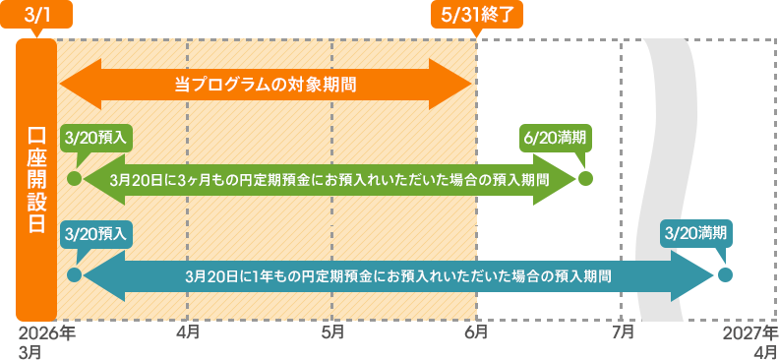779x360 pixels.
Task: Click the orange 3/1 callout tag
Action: (x=35, y=17)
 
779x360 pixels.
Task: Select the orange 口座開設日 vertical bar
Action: (x=36, y=179)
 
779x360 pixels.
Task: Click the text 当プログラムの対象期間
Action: (x=265, y=85)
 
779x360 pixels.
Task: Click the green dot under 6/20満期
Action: (x=586, y=179)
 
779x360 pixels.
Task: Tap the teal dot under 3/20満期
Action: (x=725, y=274)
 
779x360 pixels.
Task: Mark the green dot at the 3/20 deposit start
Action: (x=73, y=179)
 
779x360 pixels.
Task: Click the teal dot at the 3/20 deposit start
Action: (x=73, y=274)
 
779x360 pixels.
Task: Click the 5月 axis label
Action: (x=332, y=333)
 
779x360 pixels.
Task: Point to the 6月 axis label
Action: (x=476, y=333)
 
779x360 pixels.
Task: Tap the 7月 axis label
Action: (x=622, y=333)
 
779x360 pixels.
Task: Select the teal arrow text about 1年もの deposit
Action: (x=397, y=275)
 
